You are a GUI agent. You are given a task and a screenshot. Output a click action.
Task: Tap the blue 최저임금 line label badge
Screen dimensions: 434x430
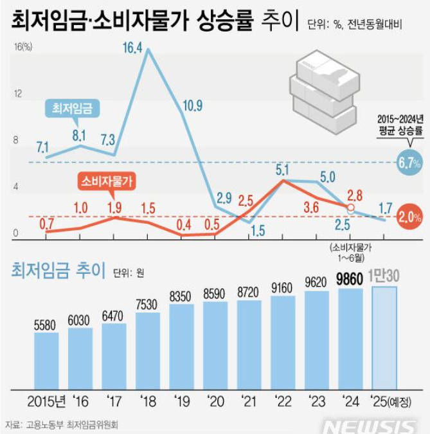71,109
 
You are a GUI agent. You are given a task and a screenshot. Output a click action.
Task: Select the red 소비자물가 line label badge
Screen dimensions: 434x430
106,181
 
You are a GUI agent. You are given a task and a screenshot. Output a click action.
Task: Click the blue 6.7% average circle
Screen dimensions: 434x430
409,163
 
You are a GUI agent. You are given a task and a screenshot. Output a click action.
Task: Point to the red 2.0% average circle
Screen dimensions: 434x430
409,217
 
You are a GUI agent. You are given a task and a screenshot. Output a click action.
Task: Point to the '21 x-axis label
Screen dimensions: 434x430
249,402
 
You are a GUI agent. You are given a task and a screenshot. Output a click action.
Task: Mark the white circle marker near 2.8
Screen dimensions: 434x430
350,208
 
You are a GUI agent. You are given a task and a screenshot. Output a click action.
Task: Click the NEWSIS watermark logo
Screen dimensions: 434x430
369,426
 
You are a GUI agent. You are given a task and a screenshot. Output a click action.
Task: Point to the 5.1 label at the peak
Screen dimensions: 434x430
282,170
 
